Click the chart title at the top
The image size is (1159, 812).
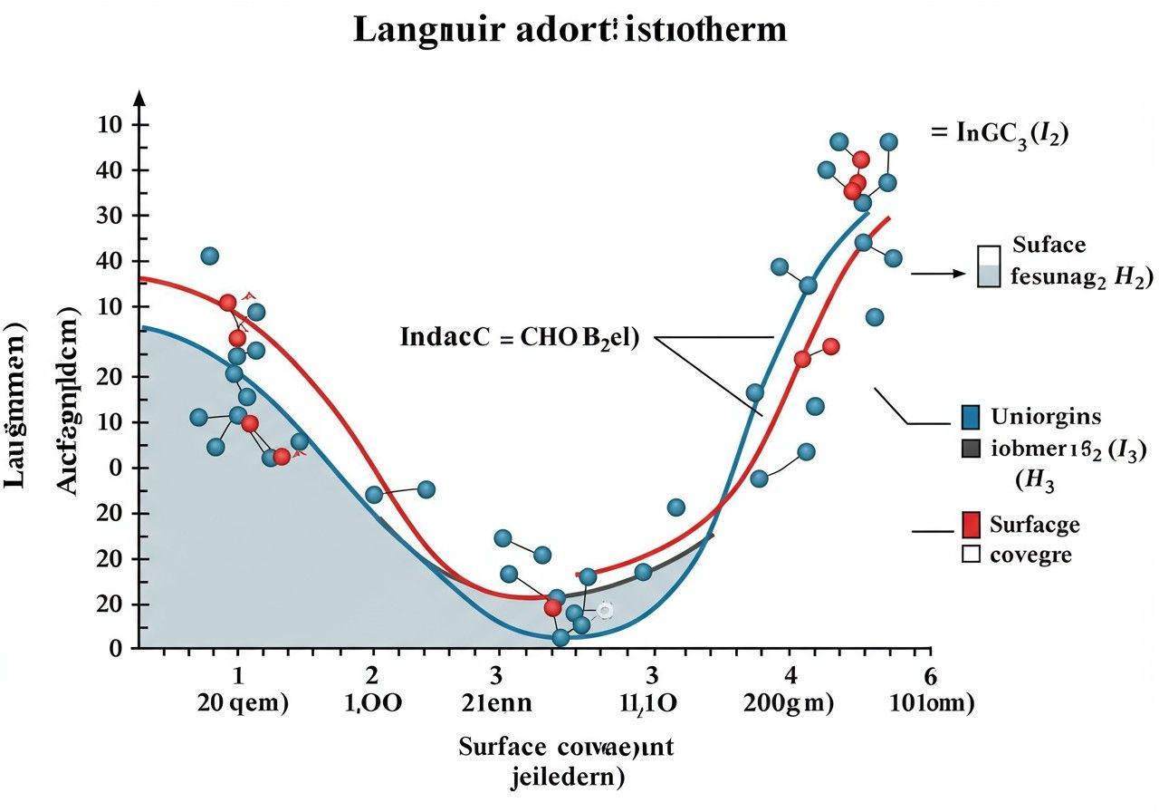[x=570, y=31]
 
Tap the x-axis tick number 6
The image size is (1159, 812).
[x=927, y=675]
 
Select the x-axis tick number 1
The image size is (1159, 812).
[x=238, y=675]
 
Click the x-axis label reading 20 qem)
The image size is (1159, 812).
[x=243, y=703]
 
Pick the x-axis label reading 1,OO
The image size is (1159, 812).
[x=375, y=703]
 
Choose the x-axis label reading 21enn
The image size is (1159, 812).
[x=497, y=703]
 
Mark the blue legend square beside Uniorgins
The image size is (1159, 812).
[x=970, y=417]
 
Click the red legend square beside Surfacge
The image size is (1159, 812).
[x=970, y=524]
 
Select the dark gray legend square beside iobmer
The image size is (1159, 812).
[x=970, y=447]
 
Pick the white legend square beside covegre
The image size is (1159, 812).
[x=970, y=554]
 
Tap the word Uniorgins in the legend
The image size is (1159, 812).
[x=1046, y=417]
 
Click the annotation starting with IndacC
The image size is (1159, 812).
[x=519, y=338]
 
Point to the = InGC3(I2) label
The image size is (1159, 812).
[x=1001, y=134]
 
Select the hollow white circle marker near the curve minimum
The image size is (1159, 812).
[x=605, y=611]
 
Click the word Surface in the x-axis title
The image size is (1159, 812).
[x=503, y=748]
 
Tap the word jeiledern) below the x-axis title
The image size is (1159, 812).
[x=567, y=777]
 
